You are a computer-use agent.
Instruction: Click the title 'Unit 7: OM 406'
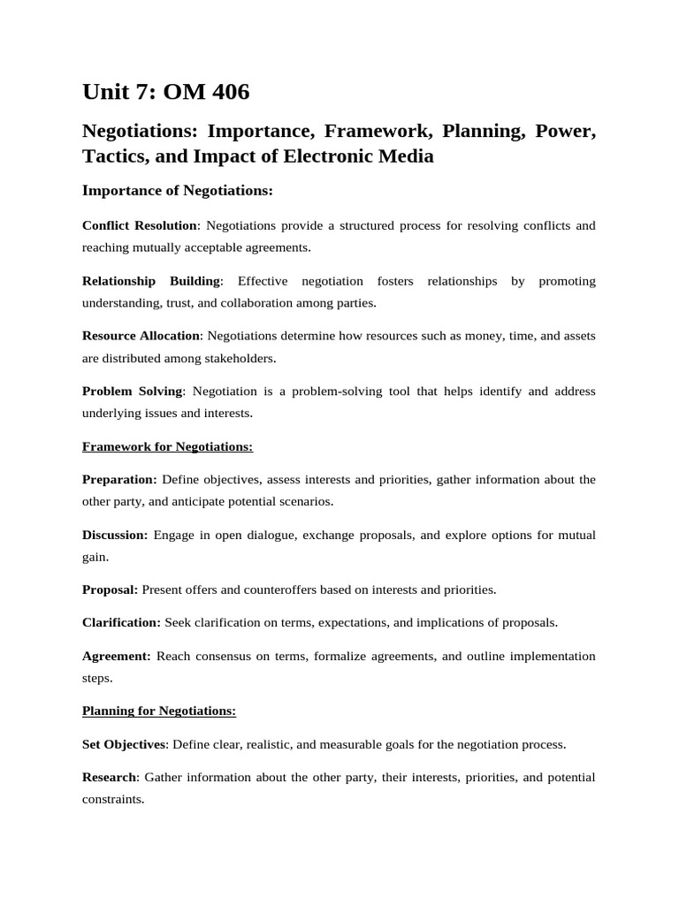[x=165, y=91]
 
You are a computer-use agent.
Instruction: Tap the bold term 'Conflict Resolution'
[x=140, y=225]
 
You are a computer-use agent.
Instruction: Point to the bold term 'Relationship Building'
[x=150, y=281]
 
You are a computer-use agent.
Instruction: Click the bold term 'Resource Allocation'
[x=141, y=336]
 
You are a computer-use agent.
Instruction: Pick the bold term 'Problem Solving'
[x=132, y=391]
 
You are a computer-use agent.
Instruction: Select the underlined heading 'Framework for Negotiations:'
[x=167, y=446]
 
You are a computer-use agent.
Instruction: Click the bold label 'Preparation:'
[x=119, y=479]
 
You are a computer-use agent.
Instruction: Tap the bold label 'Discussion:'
[x=115, y=535]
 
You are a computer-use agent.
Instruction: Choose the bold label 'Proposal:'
[x=110, y=589]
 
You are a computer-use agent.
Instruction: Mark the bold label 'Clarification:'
[x=121, y=622]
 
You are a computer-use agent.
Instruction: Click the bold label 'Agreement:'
[x=117, y=656]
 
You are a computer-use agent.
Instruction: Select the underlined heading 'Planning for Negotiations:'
[x=159, y=711]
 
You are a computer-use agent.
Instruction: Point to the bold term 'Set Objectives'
[x=124, y=744]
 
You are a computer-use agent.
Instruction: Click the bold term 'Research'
[x=110, y=777]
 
